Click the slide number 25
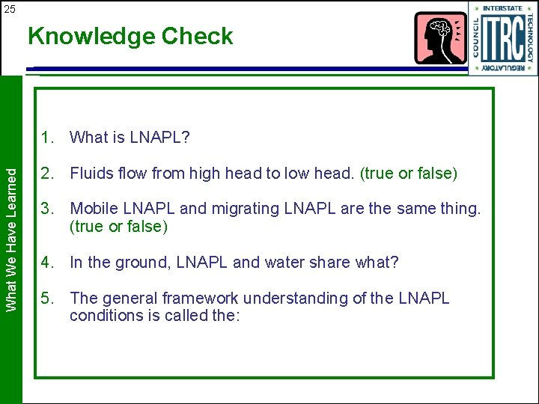(9, 8)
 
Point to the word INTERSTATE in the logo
(503, 9)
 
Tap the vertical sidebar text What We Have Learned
(11, 239)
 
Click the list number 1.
(48, 138)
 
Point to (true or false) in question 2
(409, 174)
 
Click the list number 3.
(48, 209)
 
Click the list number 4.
(48, 263)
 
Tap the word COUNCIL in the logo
(475, 39)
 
